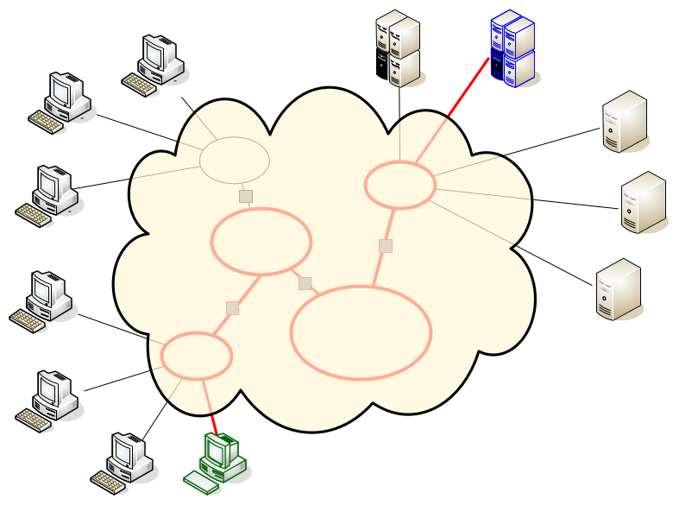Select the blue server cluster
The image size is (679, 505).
[x=512, y=48]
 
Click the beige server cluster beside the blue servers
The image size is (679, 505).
[x=398, y=48]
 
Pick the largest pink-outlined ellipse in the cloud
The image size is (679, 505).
[x=361, y=332]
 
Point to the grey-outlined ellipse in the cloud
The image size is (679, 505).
[x=235, y=161]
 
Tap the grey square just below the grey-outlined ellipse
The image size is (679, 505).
[x=246, y=196]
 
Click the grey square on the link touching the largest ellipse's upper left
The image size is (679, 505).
[x=305, y=283]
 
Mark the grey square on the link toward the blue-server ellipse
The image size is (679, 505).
[x=386, y=246]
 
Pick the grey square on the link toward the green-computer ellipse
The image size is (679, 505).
[x=232, y=308]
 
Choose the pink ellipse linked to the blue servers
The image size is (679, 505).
[x=400, y=185]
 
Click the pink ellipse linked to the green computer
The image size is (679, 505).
[x=197, y=356]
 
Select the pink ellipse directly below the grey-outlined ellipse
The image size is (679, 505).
[x=261, y=243]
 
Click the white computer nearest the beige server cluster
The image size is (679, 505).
[x=157, y=64]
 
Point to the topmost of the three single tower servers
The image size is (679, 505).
[x=625, y=122]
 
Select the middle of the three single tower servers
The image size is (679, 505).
[x=644, y=202]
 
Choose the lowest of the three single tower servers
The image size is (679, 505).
[x=619, y=289]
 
